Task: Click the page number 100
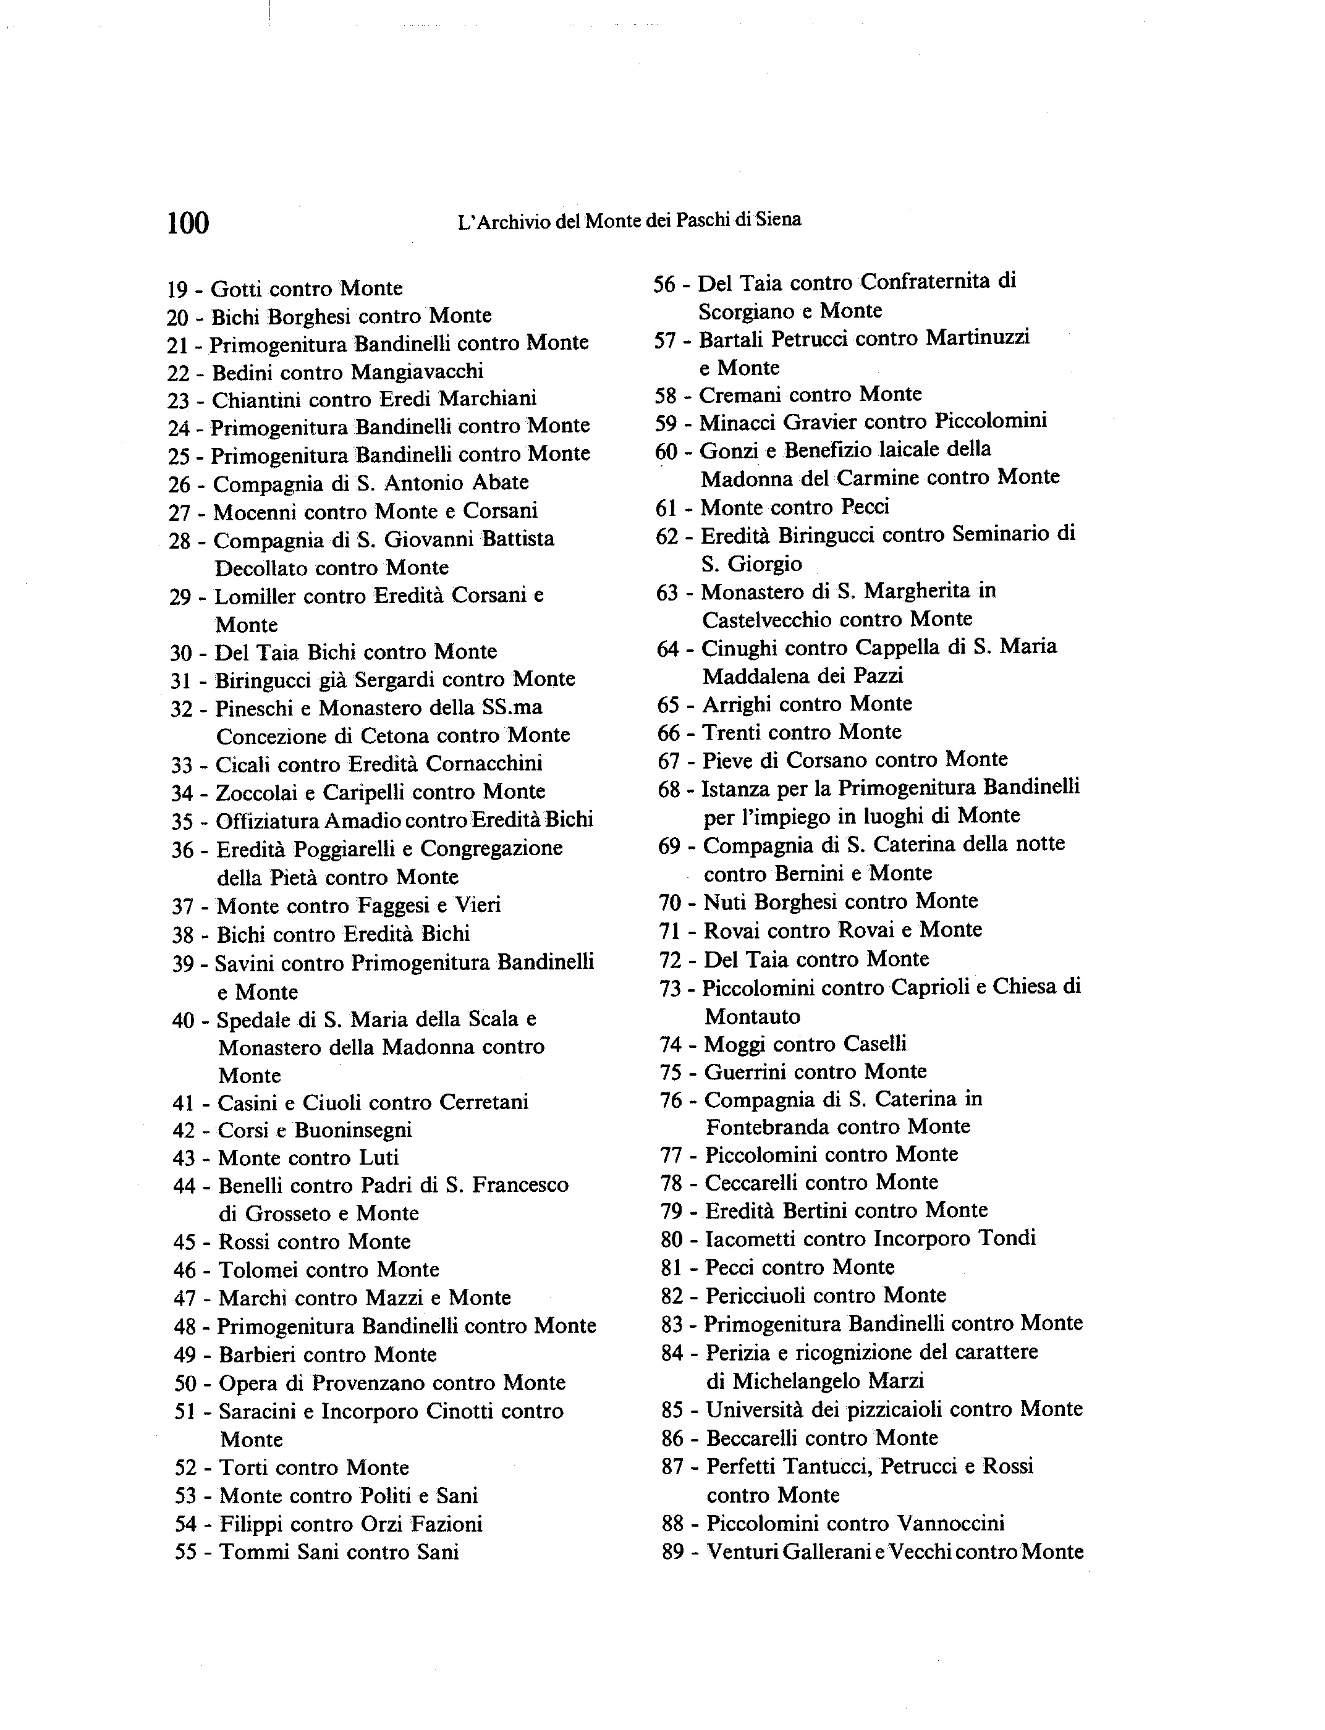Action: click(188, 222)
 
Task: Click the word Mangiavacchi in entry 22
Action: click(417, 371)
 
